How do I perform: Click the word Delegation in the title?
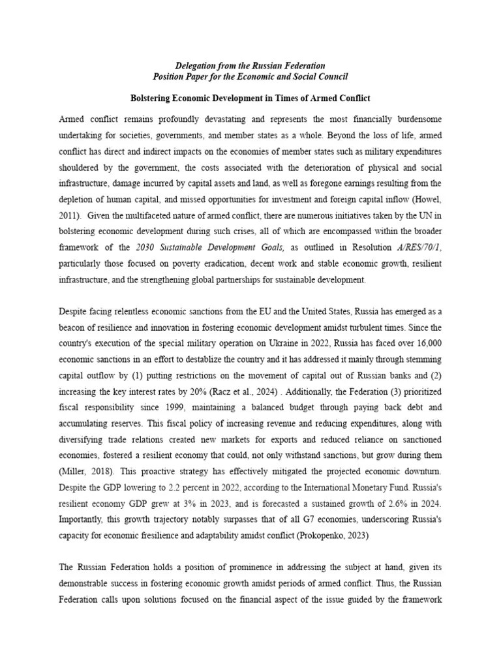tap(197, 66)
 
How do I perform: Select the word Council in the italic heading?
tap(330, 77)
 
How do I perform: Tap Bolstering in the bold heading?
tap(151, 99)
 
